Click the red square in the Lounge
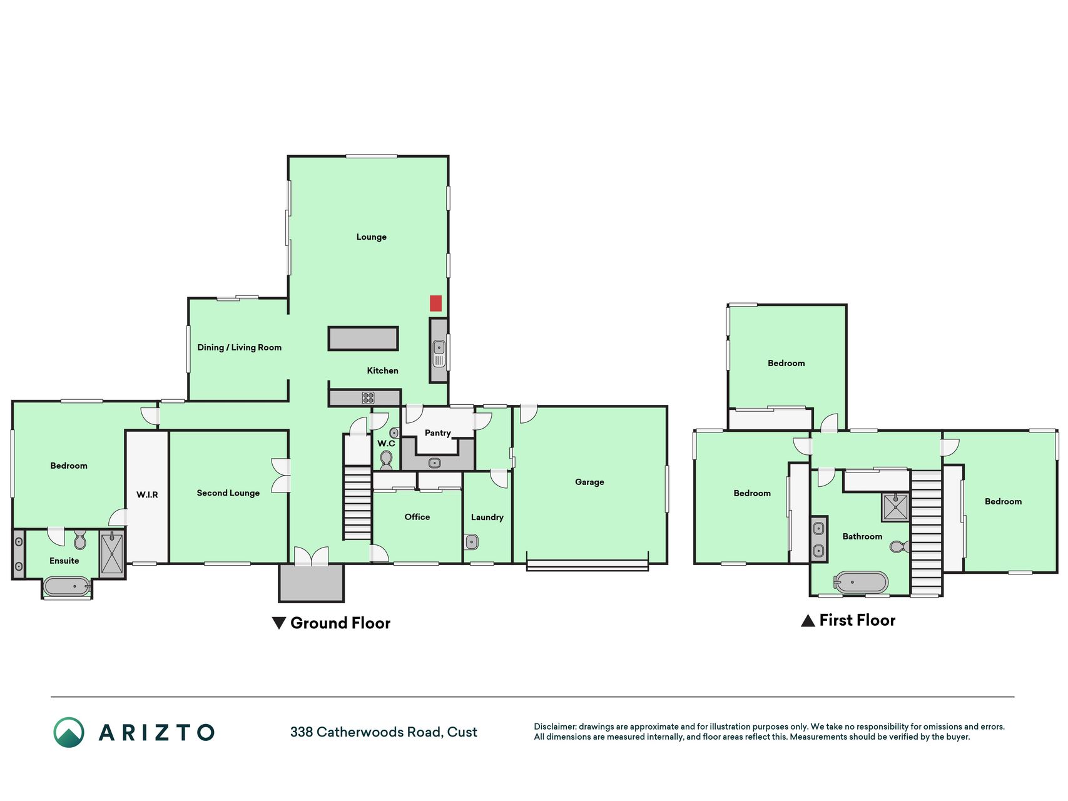click(435, 304)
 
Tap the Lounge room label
click(372, 237)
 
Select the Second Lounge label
click(228, 493)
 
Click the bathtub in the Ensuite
click(67, 586)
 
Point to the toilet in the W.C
click(386, 459)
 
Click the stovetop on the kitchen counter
click(369, 397)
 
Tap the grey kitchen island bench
click(364, 339)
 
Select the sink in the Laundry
click(472, 541)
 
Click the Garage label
click(589, 482)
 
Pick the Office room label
click(417, 517)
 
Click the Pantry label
click(438, 433)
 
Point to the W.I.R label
click(147, 495)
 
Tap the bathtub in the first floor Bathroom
click(861, 583)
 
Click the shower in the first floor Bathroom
click(895, 507)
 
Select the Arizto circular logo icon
click(69, 732)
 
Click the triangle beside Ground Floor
click(279, 623)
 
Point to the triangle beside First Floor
click(808, 620)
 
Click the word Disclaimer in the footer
click(555, 727)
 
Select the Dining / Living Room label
click(240, 348)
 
